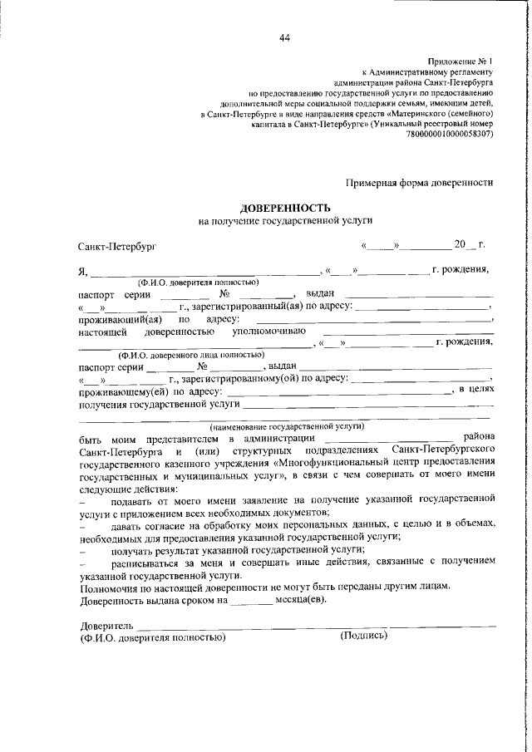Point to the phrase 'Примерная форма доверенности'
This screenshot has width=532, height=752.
pos(420,183)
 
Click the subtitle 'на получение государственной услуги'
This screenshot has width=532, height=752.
pos(285,220)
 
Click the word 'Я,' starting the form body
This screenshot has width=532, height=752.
pos(82,271)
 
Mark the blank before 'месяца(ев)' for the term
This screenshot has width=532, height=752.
pos(251,600)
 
